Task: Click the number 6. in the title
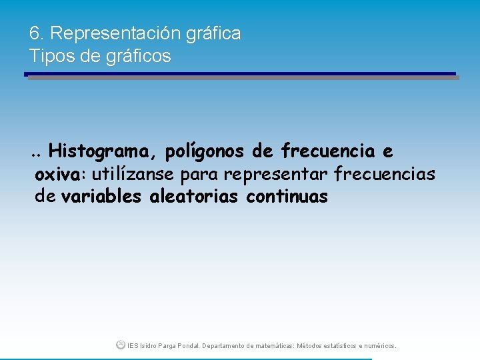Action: pos(37,33)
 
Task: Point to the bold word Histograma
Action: pos(100,152)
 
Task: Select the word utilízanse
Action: pos(133,175)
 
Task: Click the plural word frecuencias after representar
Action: pos(385,175)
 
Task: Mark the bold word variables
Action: pos(101,197)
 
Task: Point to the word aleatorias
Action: pos(195,197)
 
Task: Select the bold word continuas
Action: pos(287,197)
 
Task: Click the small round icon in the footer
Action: pos(120,345)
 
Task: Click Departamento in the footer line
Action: pos(223,346)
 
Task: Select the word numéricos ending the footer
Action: pos(380,346)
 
